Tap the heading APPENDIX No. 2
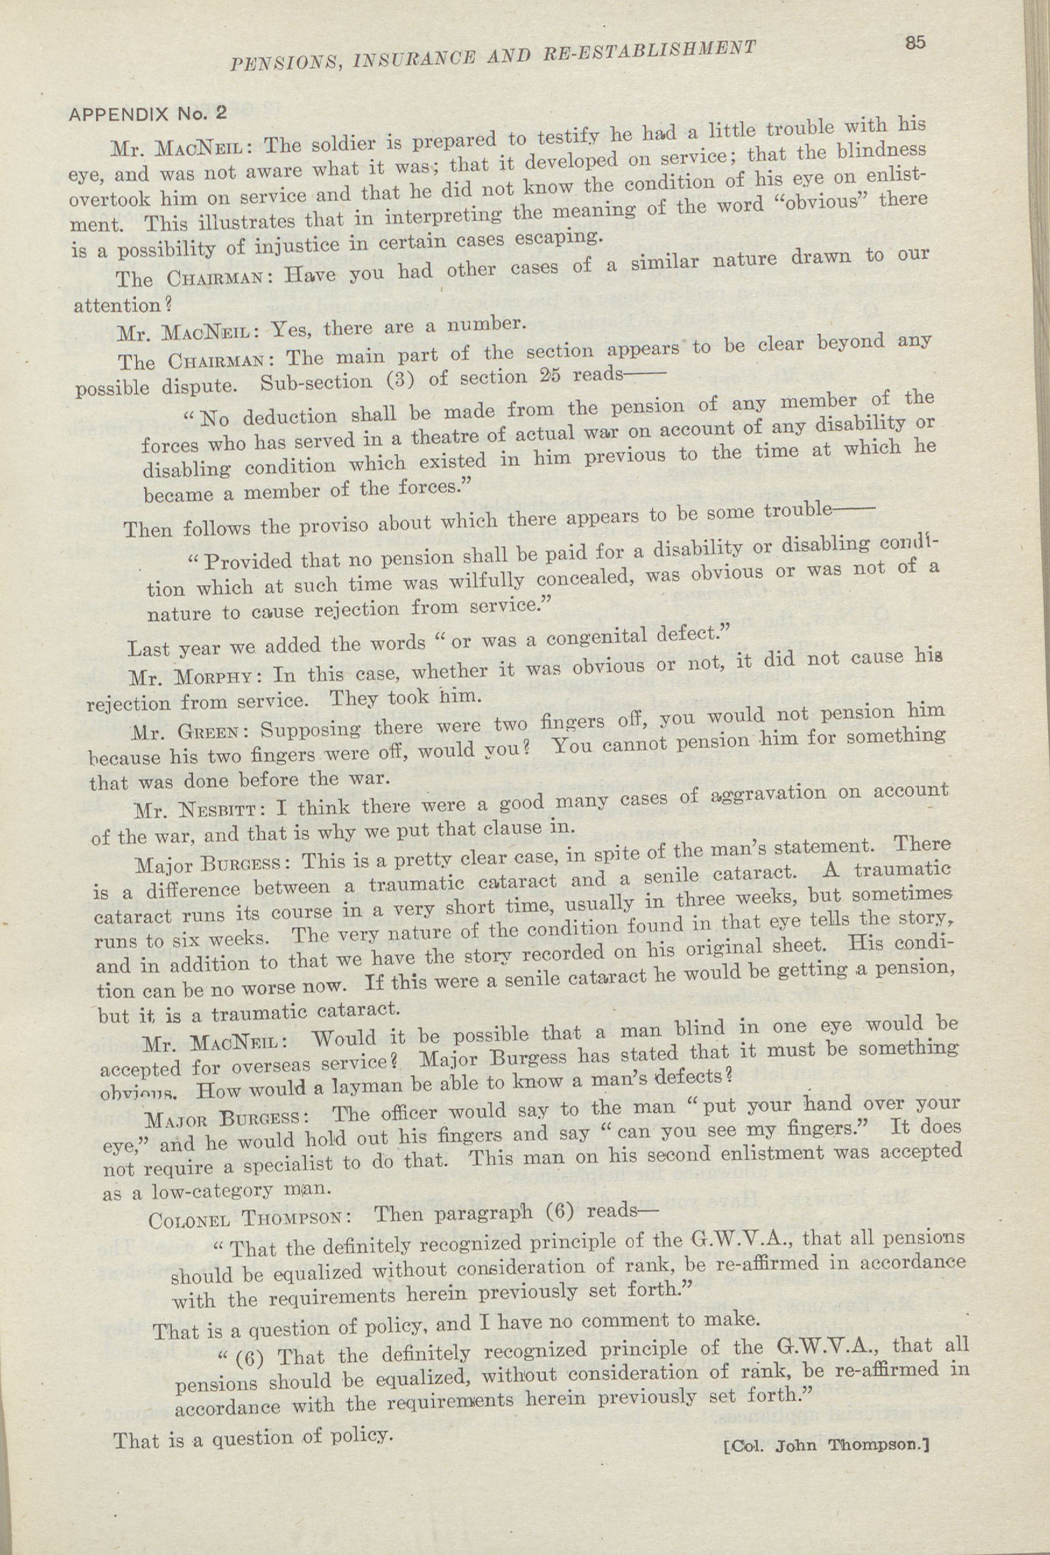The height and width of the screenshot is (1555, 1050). coord(149,114)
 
